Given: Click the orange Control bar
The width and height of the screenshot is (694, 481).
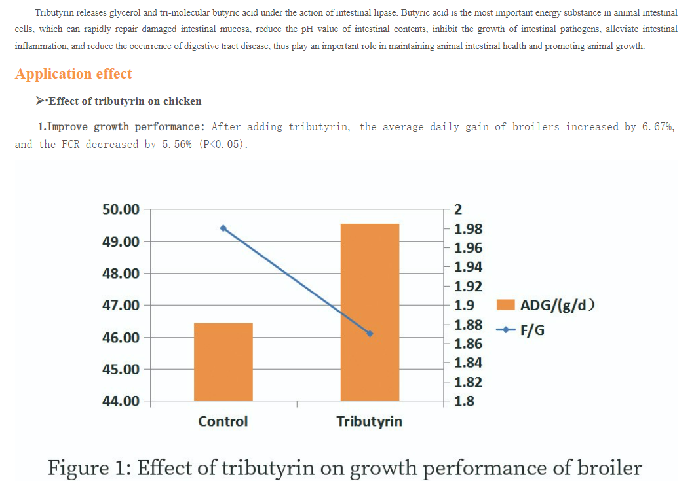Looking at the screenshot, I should [x=223, y=361].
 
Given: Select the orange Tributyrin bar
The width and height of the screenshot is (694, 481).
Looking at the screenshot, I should [x=370, y=312].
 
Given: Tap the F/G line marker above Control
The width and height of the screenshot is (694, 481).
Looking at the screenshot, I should [x=223, y=228].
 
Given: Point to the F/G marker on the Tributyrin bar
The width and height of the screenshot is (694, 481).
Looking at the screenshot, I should [x=370, y=334].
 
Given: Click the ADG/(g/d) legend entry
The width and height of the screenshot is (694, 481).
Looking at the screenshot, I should [x=547, y=305].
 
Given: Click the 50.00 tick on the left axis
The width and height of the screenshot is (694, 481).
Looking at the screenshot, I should [x=121, y=209].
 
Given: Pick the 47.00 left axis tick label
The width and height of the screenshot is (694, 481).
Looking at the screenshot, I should [x=121, y=305].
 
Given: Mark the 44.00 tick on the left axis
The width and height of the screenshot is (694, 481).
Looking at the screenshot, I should [x=121, y=401].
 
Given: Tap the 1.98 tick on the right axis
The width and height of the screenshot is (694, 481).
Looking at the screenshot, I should [x=468, y=229].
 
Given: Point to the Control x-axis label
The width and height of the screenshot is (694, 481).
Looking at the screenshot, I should [x=223, y=421].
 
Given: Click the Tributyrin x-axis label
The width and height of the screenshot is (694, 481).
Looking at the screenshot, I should [x=370, y=421].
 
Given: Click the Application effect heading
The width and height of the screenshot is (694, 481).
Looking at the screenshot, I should [x=73, y=74].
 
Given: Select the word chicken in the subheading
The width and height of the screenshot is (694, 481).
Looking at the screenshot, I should [x=182, y=101].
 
